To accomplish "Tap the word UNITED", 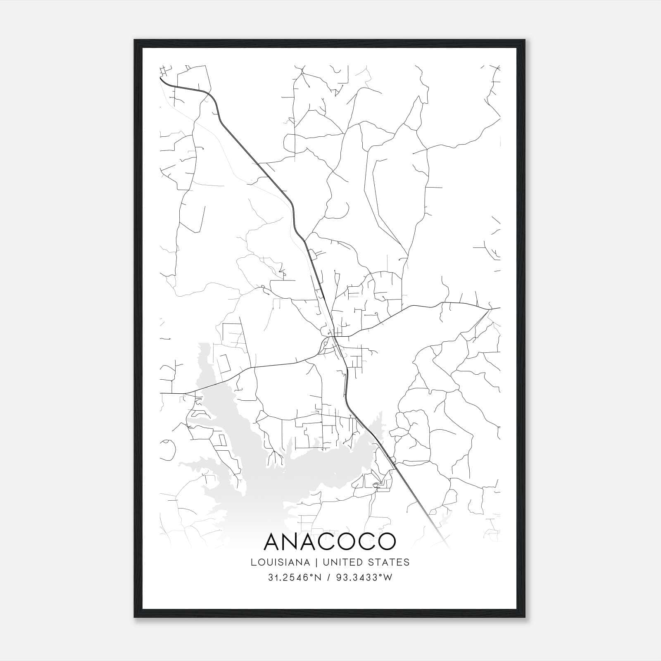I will coord(342,562).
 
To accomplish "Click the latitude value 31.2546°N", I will coord(295,578).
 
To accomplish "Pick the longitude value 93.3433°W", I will coord(364,578).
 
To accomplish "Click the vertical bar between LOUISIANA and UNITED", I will coord(316,562).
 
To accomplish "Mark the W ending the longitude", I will coord(388,578).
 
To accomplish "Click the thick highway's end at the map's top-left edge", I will coord(161,78).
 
